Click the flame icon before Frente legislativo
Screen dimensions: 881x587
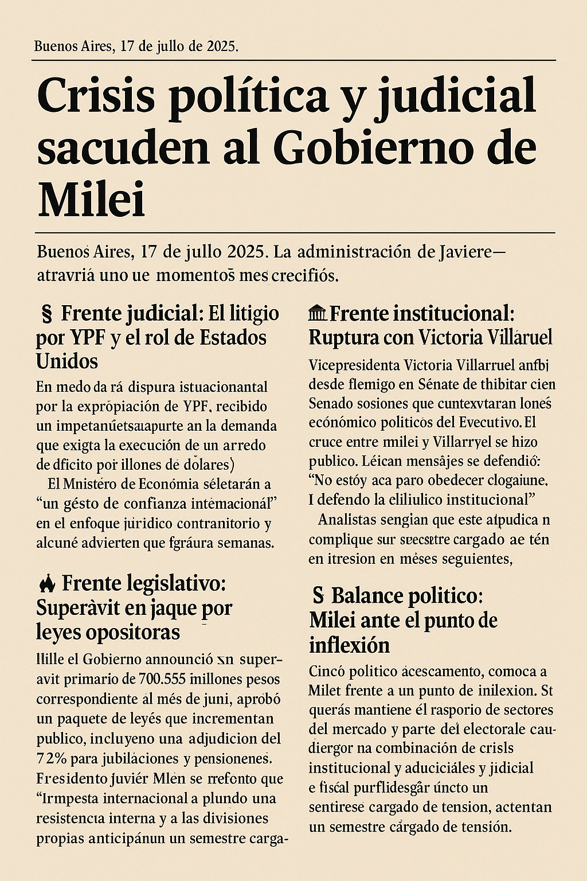(46, 584)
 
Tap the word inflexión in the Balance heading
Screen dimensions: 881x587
(349, 645)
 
